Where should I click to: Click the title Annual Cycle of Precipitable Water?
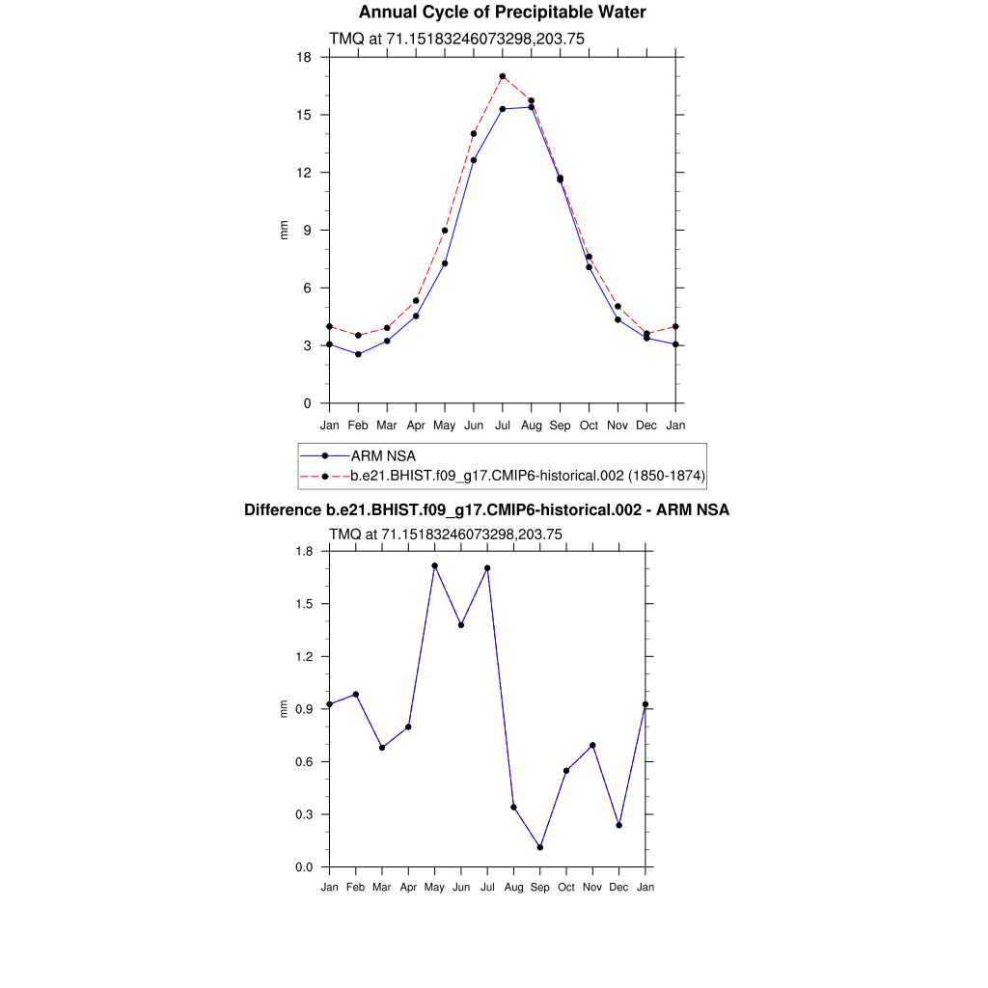tap(502, 13)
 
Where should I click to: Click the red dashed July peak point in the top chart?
tap(503, 76)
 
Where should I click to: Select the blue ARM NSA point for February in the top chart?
tap(358, 354)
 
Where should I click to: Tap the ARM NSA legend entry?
tap(383, 455)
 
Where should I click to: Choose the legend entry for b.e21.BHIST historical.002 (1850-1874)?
tap(528, 476)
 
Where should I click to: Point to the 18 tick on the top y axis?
tap(304, 57)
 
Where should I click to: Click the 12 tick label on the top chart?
tap(304, 173)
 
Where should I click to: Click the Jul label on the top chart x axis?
tap(503, 425)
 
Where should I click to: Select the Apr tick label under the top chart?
tap(416, 425)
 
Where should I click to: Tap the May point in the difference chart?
tap(435, 565)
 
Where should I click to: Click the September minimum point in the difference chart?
tap(540, 847)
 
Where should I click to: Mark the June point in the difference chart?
tap(461, 625)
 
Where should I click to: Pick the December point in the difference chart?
tap(619, 825)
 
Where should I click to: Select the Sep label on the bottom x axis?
tap(540, 888)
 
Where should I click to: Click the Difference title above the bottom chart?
tap(487, 510)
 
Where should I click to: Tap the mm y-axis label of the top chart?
tap(285, 230)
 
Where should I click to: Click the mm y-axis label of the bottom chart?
tap(284, 709)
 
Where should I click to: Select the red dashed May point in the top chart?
tap(445, 231)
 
